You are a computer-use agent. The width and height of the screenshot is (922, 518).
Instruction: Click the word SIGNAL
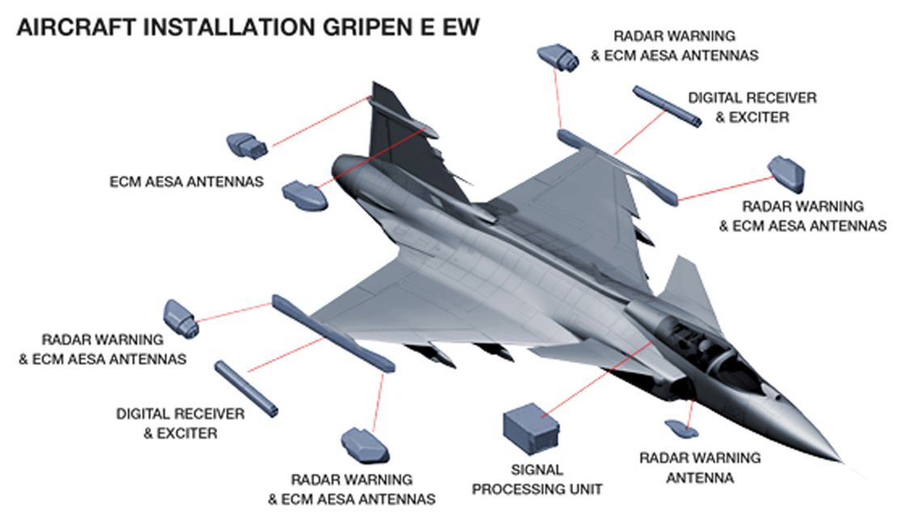coord(536,469)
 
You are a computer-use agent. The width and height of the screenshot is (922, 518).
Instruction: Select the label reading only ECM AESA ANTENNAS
coord(186,182)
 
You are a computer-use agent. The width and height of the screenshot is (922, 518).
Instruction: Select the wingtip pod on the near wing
coord(332,332)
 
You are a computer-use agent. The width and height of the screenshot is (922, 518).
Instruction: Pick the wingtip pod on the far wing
coord(619,166)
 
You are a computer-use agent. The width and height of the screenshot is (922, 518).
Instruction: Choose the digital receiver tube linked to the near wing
coord(246,388)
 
